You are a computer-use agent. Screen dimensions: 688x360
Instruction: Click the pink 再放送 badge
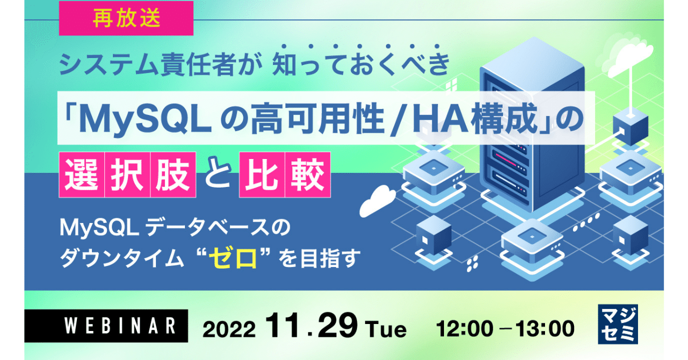pyautogui.click(x=126, y=18)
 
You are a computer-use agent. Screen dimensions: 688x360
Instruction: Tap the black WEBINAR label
pyautogui.click(x=106, y=326)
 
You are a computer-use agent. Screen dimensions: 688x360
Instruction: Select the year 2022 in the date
pyautogui.click(x=229, y=329)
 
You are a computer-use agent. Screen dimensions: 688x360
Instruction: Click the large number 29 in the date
pyautogui.click(x=338, y=326)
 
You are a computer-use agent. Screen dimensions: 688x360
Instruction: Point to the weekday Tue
pyautogui.click(x=386, y=329)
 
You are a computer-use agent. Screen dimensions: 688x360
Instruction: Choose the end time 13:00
pyautogui.click(x=544, y=329)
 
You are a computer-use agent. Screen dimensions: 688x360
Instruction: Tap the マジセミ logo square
pyautogui.click(x=618, y=324)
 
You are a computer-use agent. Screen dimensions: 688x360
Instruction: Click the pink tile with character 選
pyautogui.click(x=82, y=175)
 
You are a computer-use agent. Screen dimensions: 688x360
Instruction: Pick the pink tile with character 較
pyautogui.click(x=308, y=175)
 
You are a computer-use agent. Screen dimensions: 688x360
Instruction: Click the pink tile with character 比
pyautogui.click(x=262, y=175)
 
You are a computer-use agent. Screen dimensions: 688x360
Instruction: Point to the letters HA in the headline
pyautogui.click(x=440, y=119)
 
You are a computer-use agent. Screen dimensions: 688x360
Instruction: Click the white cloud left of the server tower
pyautogui.click(x=377, y=200)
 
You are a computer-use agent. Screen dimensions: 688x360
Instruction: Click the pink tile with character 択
pyautogui.click(x=127, y=175)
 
